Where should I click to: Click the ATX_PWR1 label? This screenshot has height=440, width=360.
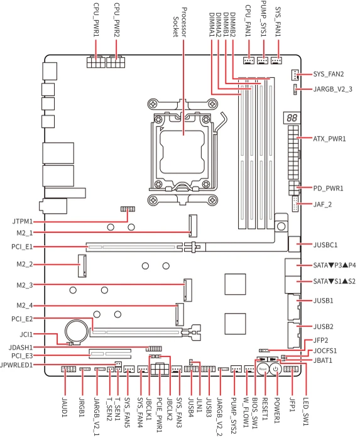[x=329, y=139]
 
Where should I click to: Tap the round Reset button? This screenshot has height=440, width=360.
[x=263, y=369]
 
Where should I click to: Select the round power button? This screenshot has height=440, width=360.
[x=276, y=369]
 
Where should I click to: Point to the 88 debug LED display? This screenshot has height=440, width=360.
[x=292, y=118]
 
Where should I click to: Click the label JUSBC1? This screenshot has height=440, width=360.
[x=325, y=245]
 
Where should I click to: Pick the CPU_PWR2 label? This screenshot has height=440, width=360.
[x=117, y=19]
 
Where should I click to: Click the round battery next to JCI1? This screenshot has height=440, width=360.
[x=76, y=331]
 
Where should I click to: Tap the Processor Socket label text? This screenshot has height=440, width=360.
[x=180, y=23]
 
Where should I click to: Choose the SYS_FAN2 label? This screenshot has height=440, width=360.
[x=329, y=74]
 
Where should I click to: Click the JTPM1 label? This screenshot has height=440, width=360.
[x=23, y=222]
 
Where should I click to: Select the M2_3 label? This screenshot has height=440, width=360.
[x=25, y=285]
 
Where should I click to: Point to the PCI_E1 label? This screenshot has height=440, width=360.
[x=22, y=247]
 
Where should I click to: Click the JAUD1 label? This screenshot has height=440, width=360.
[x=65, y=407]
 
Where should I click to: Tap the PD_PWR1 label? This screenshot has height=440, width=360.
[x=328, y=189]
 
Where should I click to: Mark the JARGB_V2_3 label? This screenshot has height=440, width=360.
[x=332, y=89]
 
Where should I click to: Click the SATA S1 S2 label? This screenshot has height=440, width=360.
[x=334, y=281]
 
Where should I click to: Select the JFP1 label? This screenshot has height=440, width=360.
[x=292, y=405]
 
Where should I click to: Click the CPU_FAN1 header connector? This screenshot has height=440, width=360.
[x=248, y=60]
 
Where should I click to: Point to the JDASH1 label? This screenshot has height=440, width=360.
[x=21, y=348]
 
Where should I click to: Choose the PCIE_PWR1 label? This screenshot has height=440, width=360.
[x=159, y=414]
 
